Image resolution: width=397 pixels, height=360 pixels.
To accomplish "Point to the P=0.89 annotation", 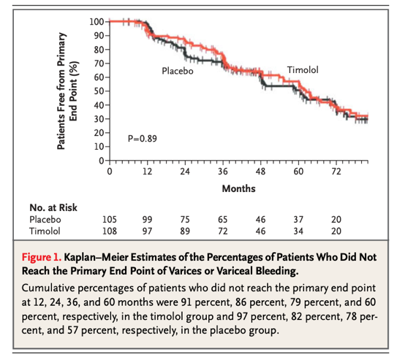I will point(142,138).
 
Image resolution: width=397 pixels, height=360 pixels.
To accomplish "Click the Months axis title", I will point(238,188).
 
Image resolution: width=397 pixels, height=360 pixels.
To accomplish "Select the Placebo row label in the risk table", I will point(45,218).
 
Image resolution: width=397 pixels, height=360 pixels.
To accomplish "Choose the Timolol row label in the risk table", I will point(45,230).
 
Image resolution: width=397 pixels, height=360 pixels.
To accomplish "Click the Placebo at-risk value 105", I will point(108,218).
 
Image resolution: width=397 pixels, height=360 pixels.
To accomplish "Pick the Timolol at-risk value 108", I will point(108,230).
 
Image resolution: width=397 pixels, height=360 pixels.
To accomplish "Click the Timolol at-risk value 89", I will point(184,230).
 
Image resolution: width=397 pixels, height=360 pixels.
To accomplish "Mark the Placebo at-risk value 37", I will point(298,218).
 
